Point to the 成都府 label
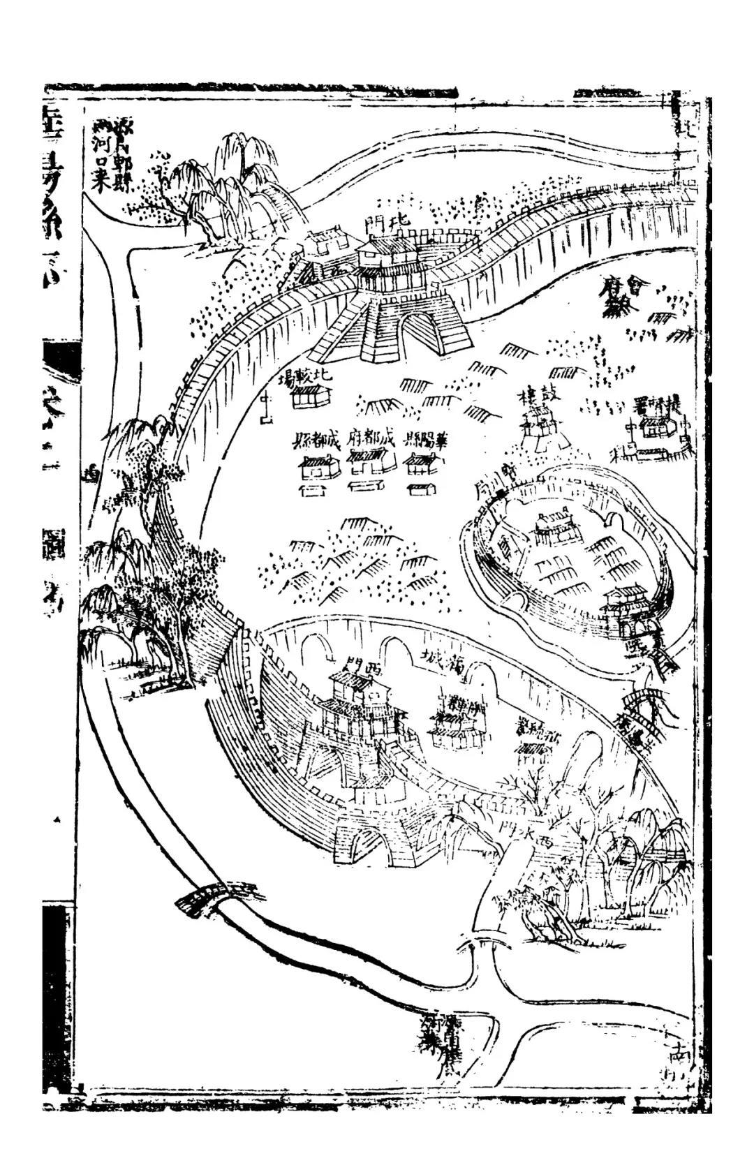tap(371, 442)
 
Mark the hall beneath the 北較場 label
tap(310, 398)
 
